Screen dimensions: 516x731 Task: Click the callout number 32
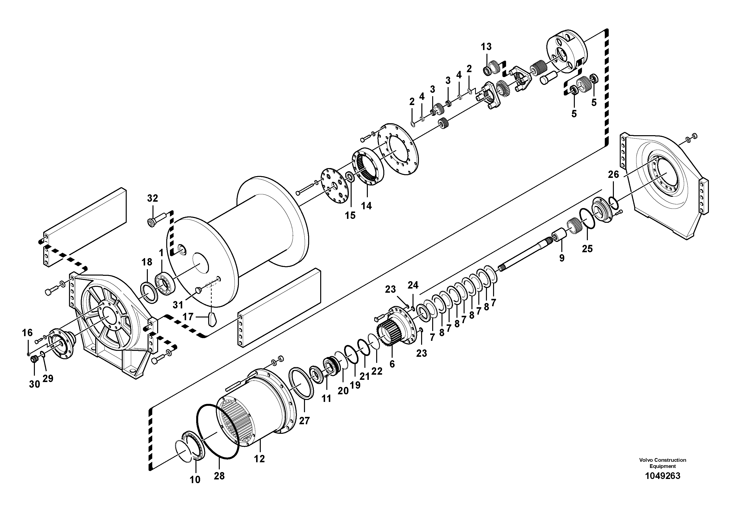pos(152,198)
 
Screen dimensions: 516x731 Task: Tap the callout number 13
pos(486,47)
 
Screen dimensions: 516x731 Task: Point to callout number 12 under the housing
pos(260,459)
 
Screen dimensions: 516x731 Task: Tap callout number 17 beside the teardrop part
pos(188,317)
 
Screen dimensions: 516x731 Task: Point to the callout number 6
pos(392,364)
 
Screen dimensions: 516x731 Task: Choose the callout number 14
pos(366,206)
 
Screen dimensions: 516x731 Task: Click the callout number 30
pos(34,384)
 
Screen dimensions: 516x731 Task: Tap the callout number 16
pos(28,333)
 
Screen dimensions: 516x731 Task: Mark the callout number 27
pos(304,421)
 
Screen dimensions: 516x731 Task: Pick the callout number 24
pos(413,285)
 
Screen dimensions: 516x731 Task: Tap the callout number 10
pos(195,480)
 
